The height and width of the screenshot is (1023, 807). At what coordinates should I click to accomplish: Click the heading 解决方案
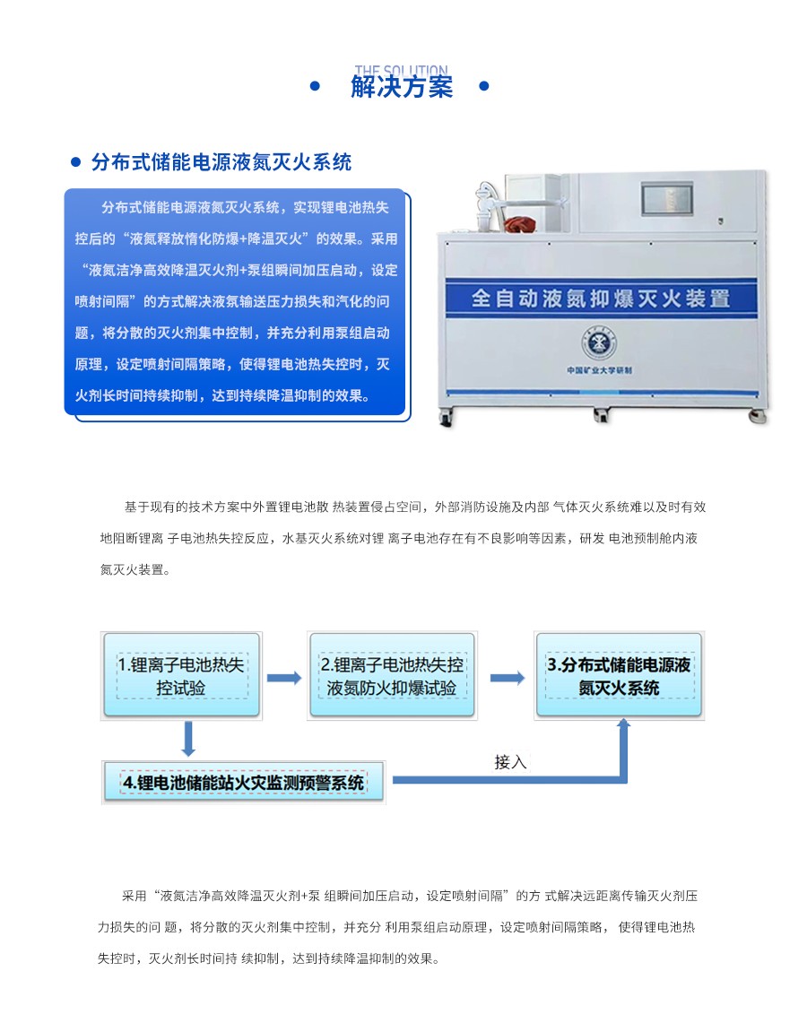point(402,88)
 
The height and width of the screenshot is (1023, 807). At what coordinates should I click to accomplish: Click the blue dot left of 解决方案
point(315,87)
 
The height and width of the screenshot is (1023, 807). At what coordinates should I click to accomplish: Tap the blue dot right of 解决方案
point(484,87)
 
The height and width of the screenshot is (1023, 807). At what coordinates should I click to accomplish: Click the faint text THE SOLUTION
point(401,70)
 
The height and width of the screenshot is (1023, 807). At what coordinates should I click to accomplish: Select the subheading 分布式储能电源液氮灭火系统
point(221,162)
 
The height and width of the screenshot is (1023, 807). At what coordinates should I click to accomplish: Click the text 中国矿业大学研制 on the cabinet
point(600,369)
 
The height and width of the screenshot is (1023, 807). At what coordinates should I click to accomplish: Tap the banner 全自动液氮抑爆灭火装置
point(600,299)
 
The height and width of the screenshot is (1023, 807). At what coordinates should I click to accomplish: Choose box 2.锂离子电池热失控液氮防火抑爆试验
point(392,676)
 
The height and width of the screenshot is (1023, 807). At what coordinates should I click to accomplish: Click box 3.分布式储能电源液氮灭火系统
point(619,675)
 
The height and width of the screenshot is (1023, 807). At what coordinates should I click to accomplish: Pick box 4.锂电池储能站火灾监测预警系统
point(244,782)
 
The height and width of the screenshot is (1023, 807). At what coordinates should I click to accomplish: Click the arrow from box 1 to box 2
point(284,678)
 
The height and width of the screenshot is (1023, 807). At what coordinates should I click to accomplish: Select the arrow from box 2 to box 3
point(507,678)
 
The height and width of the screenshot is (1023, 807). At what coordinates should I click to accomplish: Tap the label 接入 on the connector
point(510,762)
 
